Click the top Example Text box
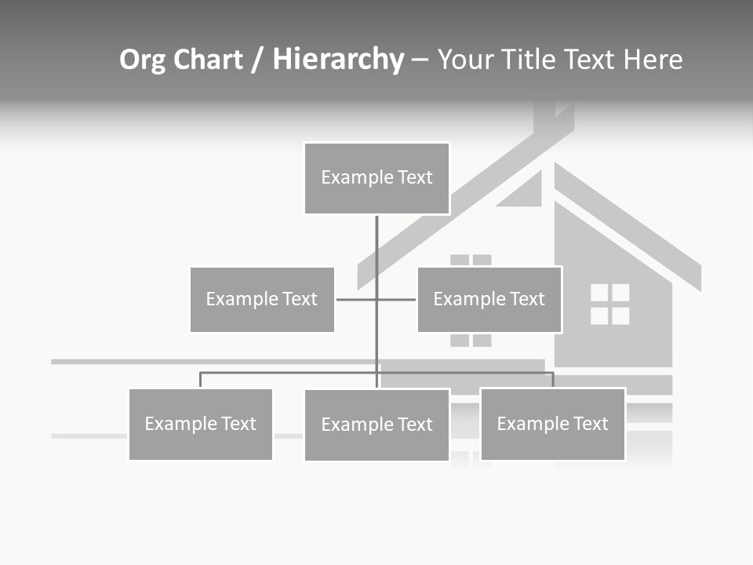point(376,178)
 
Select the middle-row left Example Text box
point(262,299)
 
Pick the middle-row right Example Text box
point(489,299)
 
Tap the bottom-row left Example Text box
point(200,425)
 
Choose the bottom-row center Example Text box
point(376,425)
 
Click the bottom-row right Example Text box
point(552,425)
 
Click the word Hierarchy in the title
point(338,60)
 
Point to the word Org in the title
point(144,60)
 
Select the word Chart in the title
point(209,60)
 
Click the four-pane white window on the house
point(609,304)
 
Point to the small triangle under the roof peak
point(524,191)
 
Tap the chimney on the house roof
point(553,118)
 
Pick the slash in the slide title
point(257,60)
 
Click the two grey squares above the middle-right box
point(471,260)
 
